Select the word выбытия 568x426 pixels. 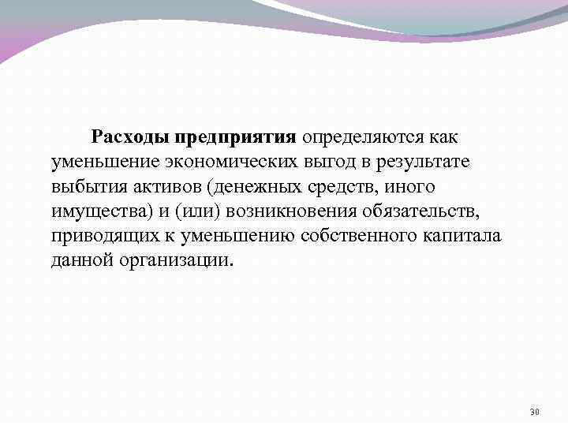point(86,187)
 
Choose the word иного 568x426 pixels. point(412,187)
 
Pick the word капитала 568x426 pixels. point(464,237)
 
